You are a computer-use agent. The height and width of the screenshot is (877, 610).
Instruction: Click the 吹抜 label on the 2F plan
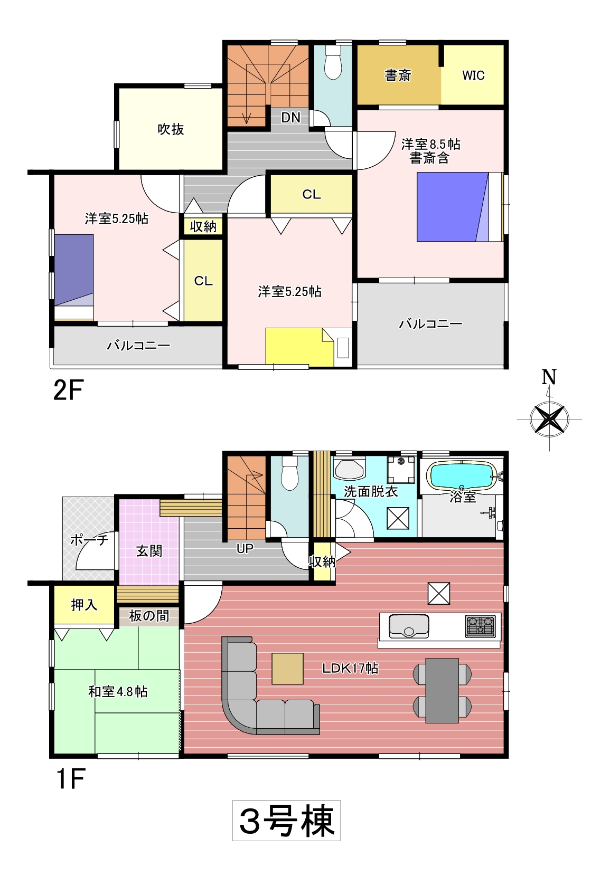pos(171,129)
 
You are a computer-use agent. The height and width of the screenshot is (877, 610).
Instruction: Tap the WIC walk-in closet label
pos(473,75)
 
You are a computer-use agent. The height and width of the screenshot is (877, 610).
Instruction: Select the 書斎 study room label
pos(398,75)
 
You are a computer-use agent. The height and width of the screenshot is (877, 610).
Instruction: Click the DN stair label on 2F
pos(290,118)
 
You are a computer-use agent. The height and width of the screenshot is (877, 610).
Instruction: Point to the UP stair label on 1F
pos(245,548)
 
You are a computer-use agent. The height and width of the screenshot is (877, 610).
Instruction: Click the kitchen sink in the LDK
pos(409,626)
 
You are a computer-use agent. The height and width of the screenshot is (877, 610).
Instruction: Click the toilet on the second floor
pos(333,63)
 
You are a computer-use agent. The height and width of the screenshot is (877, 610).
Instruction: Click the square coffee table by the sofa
pos(287,669)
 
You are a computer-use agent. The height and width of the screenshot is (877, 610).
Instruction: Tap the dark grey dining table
pos(442,691)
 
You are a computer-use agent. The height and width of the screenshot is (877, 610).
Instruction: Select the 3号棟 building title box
pos(286,821)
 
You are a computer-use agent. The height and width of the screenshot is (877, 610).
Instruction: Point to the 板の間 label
pos(149,616)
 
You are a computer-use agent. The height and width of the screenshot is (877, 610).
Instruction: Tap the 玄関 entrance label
pos(149,551)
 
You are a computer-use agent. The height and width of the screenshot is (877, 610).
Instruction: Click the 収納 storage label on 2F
pos(203,226)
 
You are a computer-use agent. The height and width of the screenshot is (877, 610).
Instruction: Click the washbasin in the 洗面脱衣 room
pos(349,469)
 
